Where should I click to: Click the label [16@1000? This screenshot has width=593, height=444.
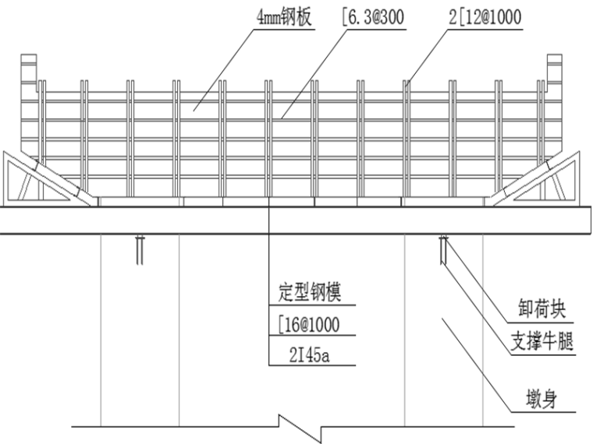coord(310,323)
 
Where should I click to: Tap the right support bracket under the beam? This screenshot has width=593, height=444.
coord(442,249)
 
